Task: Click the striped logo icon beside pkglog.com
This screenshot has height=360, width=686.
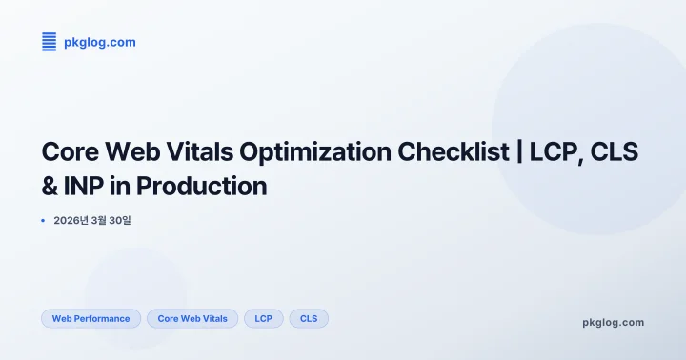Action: pos(50,41)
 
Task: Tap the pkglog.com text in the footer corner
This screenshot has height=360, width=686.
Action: pos(613,322)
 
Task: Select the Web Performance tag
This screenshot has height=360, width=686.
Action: pos(91,318)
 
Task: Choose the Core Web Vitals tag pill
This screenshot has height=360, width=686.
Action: pos(192,318)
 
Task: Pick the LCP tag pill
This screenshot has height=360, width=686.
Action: pos(264,318)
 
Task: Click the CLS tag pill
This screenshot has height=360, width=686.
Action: pos(309,318)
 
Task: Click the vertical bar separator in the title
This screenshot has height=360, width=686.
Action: pos(520,152)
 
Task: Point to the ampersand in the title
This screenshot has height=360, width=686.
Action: pos(50,185)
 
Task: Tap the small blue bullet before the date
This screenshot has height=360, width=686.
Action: pos(44,220)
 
